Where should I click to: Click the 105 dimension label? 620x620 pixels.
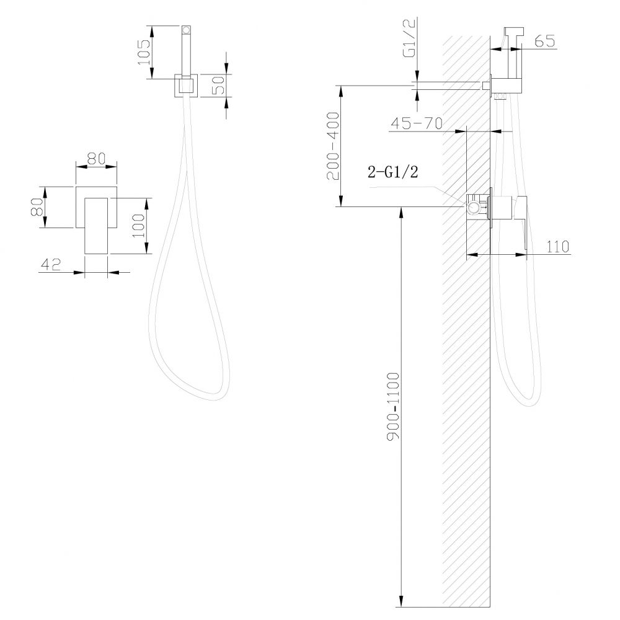(144, 52)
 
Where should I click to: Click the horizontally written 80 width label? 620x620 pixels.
(95, 158)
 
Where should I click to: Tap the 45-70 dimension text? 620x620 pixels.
(415, 123)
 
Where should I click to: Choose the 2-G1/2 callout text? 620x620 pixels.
(393, 174)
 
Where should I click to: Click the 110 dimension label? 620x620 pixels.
(558, 246)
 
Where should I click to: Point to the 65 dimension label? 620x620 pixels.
(543, 42)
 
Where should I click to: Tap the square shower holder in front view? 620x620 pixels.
(186, 86)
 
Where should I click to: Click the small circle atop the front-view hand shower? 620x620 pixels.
(186, 29)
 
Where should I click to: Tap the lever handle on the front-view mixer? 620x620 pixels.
(97, 226)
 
